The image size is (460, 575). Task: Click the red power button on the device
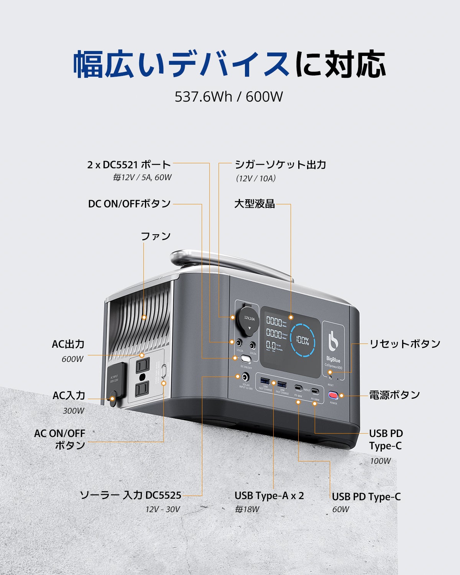coord(333,395)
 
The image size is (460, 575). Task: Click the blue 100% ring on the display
coord(302,340)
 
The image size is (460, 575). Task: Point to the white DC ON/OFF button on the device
coord(246,359)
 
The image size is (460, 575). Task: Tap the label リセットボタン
coord(405,344)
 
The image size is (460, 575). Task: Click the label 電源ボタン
coord(394,395)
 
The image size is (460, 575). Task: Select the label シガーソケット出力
coord(280,165)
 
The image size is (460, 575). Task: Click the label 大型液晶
coord(255,204)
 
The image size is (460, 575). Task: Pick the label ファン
coord(156,236)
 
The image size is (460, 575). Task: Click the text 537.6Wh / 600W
coord(229,97)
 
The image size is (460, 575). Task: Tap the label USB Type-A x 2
coord(269,496)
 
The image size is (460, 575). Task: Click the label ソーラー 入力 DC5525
coord(131,495)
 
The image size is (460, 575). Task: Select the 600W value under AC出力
coord(72,359)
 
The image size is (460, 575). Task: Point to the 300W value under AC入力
coord(74,411)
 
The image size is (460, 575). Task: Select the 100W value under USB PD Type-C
coord(380,461)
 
